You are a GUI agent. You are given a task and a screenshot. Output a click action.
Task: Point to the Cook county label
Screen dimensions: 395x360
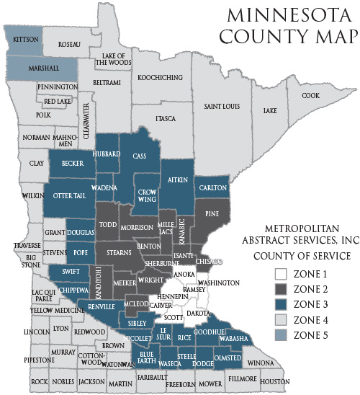tap(311, 95)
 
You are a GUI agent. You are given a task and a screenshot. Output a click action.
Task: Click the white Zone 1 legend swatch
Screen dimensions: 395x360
tap(281, 275)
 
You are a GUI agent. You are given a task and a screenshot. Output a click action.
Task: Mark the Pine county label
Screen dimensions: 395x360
tap(212, 213)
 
